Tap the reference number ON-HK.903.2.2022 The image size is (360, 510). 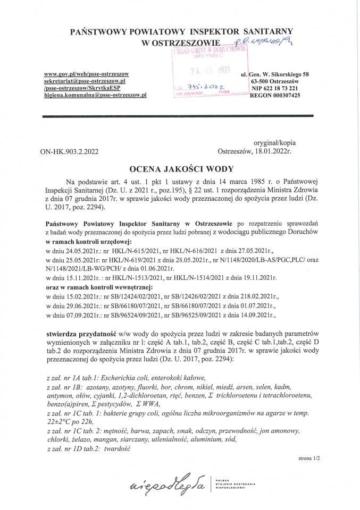(x=69, y=151)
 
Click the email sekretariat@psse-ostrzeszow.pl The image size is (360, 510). (x=85, y=80)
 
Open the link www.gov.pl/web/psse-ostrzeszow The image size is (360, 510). (x=86, y=73)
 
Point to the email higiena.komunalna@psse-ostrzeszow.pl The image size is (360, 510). (x=95, y=95)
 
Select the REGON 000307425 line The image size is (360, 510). (x=274, y=95)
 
